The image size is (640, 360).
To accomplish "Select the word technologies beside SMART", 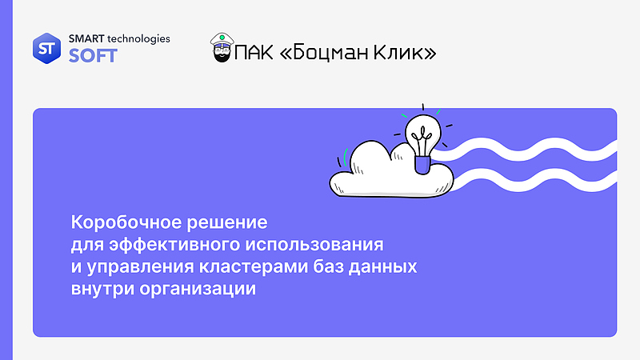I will pyautogui.click(x=142, y=38).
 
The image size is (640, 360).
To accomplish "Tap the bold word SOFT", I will pyautogui.click(x=93, y=56).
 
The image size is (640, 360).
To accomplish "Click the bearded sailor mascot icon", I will pyautogui.click(x=222, y=49).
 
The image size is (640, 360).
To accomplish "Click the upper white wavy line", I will pyautogui.click(x=536, y=148).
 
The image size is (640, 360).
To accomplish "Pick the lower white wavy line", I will pyautogui.click(x=536, y=177).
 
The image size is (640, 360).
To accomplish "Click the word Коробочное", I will pyautogui.click(x=123, y=220).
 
